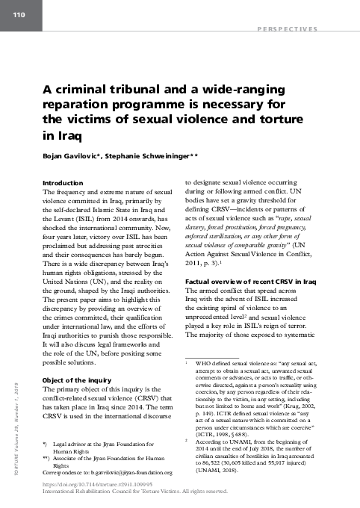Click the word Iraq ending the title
[x=54, y=135]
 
